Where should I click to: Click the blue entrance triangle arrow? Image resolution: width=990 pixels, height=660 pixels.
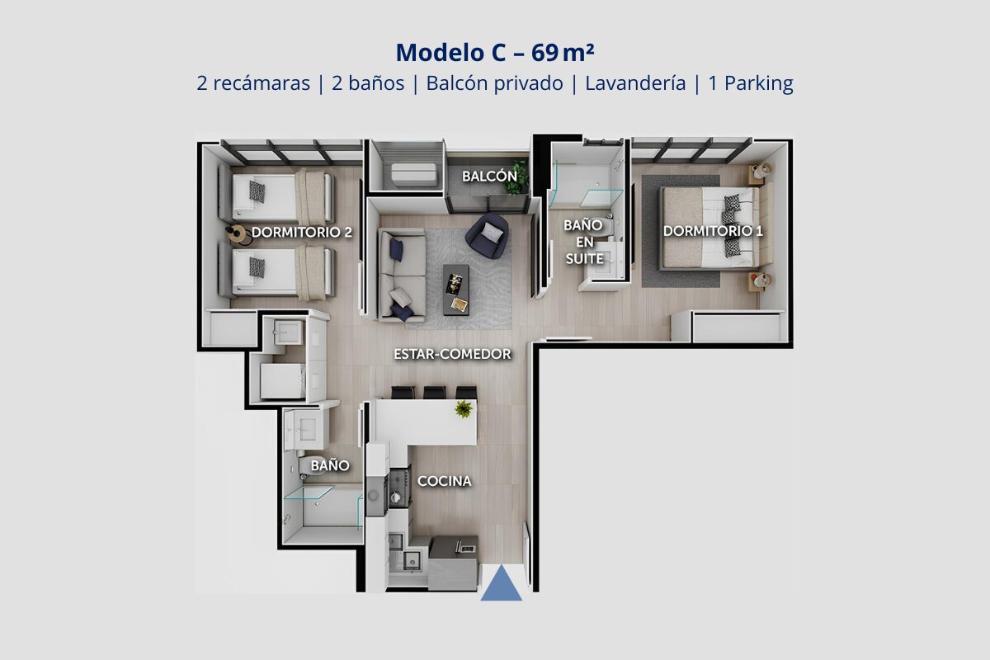(x=502, y=584)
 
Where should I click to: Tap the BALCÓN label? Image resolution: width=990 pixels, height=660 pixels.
(x=490, y=177)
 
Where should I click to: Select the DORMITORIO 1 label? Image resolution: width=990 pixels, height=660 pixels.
(x=713, y=231)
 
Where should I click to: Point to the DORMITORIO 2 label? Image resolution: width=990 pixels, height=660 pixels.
(x=302, y=232)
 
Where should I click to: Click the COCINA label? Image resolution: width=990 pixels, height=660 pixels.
(x=444, y=481)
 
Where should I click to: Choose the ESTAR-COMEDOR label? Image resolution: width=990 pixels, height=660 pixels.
(x=453, y=354)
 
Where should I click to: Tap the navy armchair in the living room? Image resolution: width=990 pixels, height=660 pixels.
(x=487, y=236)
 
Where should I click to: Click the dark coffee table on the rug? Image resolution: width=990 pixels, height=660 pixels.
(x=456, y=290)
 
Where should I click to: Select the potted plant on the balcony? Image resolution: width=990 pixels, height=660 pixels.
(x=516, y=177)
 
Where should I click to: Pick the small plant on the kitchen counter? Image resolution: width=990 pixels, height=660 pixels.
(x=464, y=409)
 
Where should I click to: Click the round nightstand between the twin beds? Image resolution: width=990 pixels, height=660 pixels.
(x=238, y=234)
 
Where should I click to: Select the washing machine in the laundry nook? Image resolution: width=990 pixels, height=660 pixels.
(x=283, y=380)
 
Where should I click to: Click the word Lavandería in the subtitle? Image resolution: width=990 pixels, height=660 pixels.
(x=635, y=83)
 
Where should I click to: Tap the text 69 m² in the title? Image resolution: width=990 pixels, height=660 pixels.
(x=563, y=53)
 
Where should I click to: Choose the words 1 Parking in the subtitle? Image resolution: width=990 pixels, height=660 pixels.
(x=751, y=83)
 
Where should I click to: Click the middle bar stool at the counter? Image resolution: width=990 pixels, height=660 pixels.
(x=435, y=393)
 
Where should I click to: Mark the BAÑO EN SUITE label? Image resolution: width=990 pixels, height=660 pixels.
(x=584, y=242)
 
